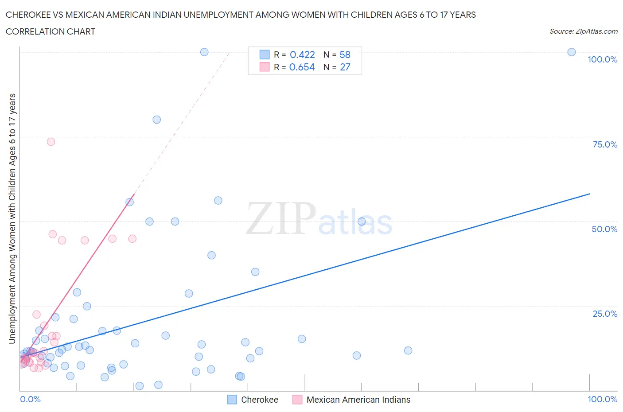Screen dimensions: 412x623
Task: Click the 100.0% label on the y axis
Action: [x=602, y=59]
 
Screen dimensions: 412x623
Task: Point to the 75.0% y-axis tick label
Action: [x=605, y=144]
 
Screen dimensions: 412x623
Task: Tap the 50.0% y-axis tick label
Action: [x=604, y=229]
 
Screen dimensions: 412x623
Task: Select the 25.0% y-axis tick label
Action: [x=605, y=314]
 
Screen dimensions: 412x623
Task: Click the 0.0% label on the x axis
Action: [x=30, y=399]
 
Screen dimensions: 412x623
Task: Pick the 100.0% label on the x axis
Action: [x=602, y=399]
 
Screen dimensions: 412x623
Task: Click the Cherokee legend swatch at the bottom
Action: [x=232, y=400]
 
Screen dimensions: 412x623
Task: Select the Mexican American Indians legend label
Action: [x=358, y=400]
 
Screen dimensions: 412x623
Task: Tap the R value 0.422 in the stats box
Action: [x=302, y=54]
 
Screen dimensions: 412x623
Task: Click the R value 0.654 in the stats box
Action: [x=302, y=67]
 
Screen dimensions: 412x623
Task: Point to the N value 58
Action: [x=345, y=54]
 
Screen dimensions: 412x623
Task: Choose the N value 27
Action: [x=345, y=67]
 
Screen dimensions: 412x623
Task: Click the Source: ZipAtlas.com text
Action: [x=583, y=31]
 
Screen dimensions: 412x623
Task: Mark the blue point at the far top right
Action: [x=572, y=52]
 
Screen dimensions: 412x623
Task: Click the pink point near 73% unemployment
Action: [x=51, y=142]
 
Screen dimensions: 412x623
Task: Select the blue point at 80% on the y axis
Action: [x=156, y=120]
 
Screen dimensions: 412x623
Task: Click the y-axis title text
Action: [x=12, y=218]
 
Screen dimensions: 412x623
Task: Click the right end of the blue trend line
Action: [x=589, y=194]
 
